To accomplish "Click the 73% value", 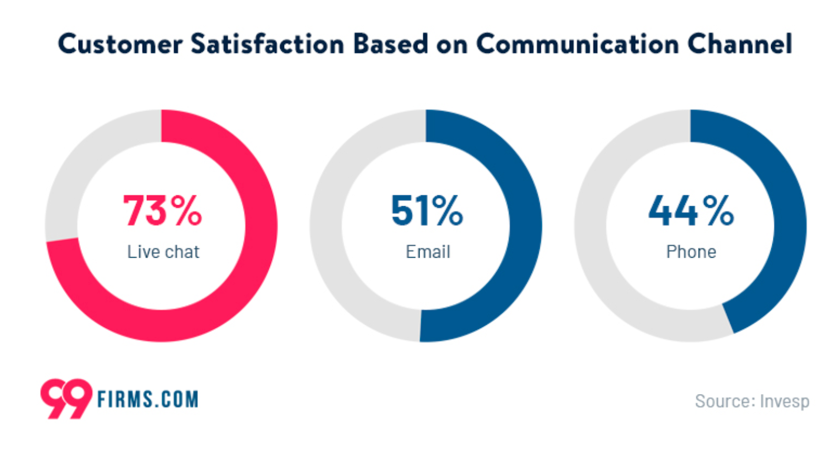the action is (162, 210).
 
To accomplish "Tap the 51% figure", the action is (427, 210).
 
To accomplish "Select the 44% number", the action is (691, 210).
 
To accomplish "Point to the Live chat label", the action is (163, 252).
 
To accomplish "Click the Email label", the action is (428, 252).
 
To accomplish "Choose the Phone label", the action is (691, 252).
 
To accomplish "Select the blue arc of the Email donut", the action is (525, 225).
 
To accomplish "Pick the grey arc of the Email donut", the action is (326, 225).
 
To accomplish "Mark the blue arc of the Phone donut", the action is (790, 225).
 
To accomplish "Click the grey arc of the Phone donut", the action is (591, 225).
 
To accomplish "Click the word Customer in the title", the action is (120, 44).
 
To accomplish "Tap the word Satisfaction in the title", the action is (268, 44).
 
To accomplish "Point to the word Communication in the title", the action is (577, 44).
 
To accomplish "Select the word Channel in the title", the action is (740, 44).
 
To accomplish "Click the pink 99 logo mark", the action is (66, 398).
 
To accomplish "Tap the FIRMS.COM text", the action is (148, 399).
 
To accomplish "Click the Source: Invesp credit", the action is (752, 401).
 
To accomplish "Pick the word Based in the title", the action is (391, 44).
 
